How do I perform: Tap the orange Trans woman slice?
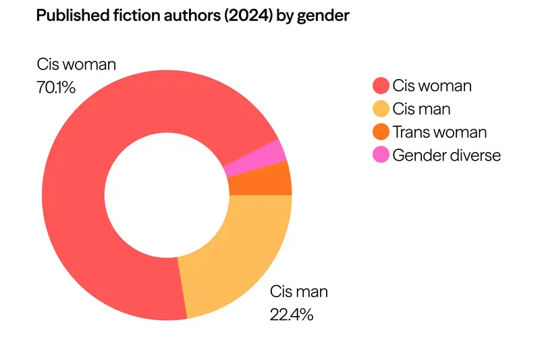pos(259,179)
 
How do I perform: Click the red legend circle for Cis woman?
pos(381,86)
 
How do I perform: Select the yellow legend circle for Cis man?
pos(381,109)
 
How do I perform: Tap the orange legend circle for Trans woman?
pos(381,132)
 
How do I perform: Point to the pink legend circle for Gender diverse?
pos(381,155)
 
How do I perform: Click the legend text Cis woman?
pos(432,86)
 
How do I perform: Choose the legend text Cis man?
pos(421,109)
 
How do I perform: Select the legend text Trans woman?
pos(439,132)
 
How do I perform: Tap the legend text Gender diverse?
pos(447,155)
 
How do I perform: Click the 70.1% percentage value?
pos(56,87)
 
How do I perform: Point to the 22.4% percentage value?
pos(292,314)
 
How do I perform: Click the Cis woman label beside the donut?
pos(76,65)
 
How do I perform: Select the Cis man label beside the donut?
pos(299,292)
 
